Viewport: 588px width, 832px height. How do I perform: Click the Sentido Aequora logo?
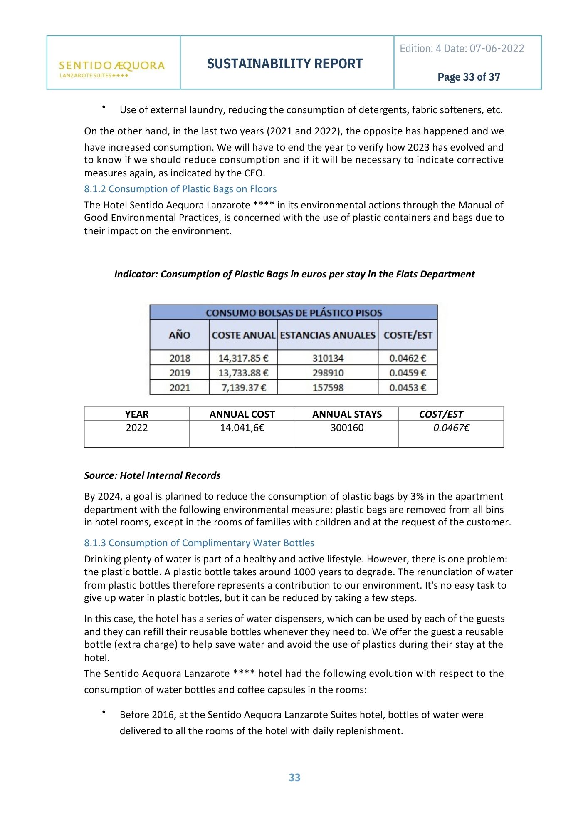tap(112, 68)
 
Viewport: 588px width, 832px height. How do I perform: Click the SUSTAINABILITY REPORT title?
tap(285, 64)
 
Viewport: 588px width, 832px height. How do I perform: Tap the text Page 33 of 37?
tap(469, 77)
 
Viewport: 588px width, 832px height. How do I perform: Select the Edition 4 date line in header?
tap(462, 48)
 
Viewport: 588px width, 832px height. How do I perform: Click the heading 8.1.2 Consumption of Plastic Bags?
tap(180, 189)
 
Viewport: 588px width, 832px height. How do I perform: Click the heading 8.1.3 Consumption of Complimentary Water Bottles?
tap(199, 543)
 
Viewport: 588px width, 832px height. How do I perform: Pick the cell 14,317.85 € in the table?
tap(243, 358)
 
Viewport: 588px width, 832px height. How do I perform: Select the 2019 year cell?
tap(180, 373)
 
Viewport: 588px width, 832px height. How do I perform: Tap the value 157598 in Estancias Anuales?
tap(328, 388)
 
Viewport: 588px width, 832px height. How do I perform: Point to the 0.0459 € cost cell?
tap(408, 373)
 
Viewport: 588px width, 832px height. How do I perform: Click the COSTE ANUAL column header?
tap(243, 335)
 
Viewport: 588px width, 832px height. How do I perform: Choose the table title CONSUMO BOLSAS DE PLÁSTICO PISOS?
tap(294, 313)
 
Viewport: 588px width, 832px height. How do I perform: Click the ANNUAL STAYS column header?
tap(347, 414)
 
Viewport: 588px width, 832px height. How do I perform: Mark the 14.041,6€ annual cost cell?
tap(242, 428)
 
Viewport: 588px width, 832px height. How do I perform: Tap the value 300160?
tap(347, 428)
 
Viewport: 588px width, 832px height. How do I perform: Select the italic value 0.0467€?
tap(451, 428)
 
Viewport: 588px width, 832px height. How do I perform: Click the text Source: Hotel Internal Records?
tap(152, 475)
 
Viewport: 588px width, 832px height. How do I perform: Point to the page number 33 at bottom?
tap(294, 778)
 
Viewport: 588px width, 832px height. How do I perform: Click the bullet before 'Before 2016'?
tap(104, 712)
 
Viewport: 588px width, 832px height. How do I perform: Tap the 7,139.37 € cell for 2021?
tap(243, 388)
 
